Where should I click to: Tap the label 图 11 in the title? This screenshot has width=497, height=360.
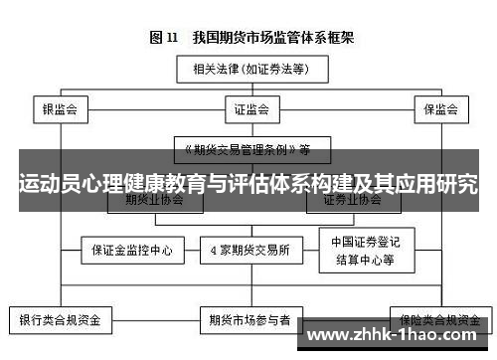coord(164,39)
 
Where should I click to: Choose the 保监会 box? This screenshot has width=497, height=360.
coord(439,108)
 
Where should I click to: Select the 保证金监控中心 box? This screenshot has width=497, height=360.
coord(132,251)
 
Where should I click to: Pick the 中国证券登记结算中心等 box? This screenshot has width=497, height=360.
coord(364,251)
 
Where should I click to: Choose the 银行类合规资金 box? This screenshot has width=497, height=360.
coord(60,321)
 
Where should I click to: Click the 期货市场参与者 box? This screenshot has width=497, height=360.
coord(249,321)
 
